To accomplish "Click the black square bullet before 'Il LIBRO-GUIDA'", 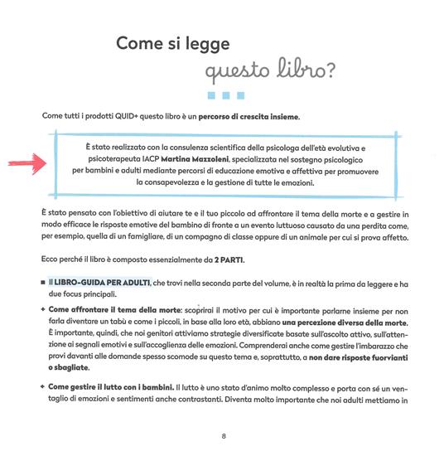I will pyautogui.click(x=41, y=283).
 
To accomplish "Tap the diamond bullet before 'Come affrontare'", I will pyautogui.click(x=41, y=306).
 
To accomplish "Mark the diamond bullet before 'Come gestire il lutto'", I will pyautogui.click(x=41, y=387).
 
